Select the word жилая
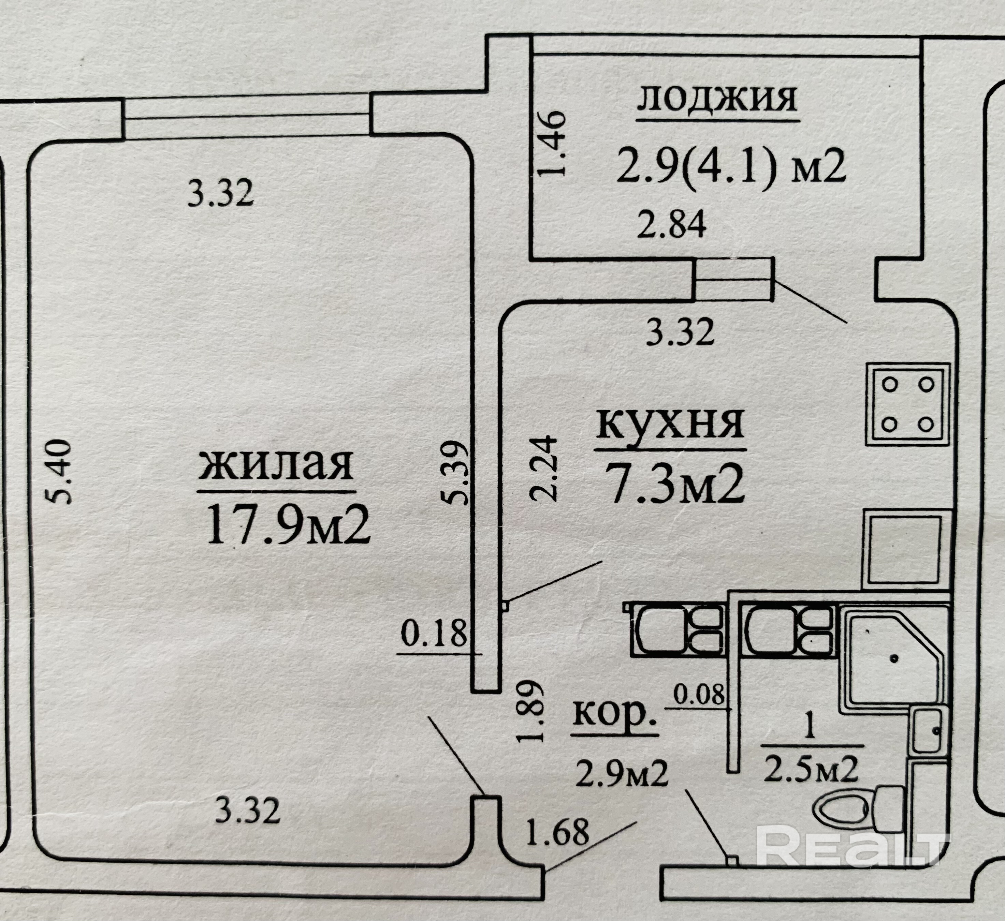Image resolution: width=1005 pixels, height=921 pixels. click(276, 465)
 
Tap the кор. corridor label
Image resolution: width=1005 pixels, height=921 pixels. click(614, 713)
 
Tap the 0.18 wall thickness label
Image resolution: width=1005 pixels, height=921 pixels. click(434, 634)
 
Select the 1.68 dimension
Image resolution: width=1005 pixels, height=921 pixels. click(557, 832)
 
